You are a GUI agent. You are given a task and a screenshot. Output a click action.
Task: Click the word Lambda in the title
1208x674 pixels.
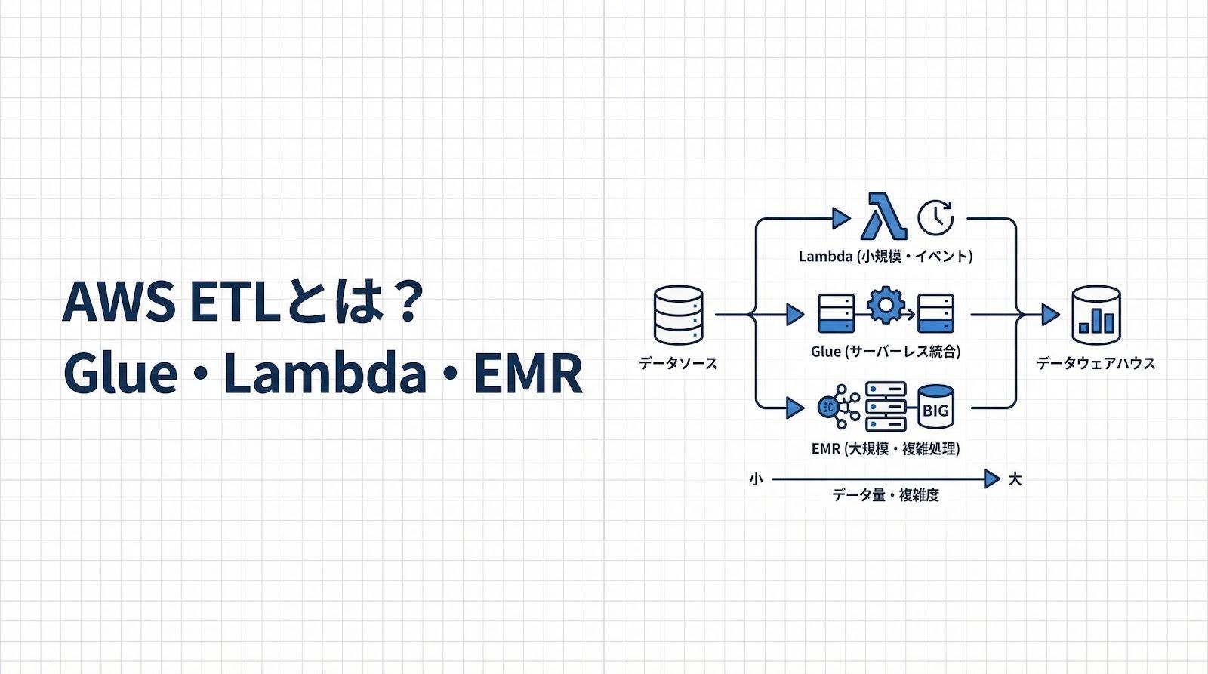[x=325, y=373]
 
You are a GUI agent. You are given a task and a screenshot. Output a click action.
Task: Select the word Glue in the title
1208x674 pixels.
[x=120, y=373]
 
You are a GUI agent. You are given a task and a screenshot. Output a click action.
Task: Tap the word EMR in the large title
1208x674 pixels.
[x=528, y=373]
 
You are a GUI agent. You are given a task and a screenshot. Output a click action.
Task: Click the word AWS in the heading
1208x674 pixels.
[x=118, y=302]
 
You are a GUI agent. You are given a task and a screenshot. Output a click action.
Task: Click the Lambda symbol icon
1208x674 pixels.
[x=883, y=217]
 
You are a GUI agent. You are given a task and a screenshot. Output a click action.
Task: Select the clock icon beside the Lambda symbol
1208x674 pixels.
[x=935, y=217]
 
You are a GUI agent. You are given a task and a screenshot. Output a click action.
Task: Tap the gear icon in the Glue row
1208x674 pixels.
[x=886, y=306]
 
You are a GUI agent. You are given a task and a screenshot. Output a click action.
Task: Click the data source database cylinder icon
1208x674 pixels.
[x=678, y=315]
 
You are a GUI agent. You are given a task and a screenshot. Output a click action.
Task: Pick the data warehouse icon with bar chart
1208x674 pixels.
[x=1096, y=315]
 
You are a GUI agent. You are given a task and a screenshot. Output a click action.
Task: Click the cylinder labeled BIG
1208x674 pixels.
[x=935, y=408]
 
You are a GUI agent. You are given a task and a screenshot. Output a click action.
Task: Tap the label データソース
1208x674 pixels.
[x=678, y=364]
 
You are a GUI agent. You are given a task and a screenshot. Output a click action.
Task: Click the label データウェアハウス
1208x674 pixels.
[x=1096, y=364]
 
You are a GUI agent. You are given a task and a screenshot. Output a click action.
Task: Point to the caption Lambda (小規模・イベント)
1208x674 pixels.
[x=886, y=257]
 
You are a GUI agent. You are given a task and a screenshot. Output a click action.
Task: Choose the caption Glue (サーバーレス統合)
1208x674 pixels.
[x=886, y=352]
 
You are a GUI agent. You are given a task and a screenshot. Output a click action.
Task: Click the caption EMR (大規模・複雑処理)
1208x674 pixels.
[x=886, y=449]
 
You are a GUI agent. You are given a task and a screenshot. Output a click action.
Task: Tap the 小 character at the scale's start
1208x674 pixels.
[x=756, y=479]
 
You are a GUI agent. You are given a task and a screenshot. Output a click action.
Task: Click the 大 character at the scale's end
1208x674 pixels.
[x=1015, y=479]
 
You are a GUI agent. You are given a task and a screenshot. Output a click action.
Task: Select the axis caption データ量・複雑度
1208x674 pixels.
[x=886, y=496]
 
